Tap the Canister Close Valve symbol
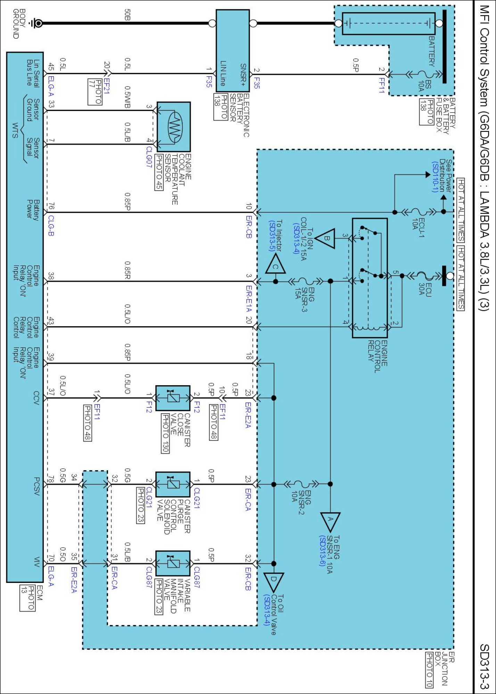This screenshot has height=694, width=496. click(173, 398)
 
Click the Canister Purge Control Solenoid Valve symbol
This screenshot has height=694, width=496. click(173, 484)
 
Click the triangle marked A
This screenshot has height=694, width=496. click(330, 521)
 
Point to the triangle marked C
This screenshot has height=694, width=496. click(275, 265)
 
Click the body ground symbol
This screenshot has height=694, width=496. click(36, 23)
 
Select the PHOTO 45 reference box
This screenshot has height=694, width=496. click(159, 172)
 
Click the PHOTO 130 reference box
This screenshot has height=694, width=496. click(165, 433)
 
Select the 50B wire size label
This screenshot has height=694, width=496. click(127, 15)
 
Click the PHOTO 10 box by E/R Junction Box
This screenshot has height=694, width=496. click(429, 670)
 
